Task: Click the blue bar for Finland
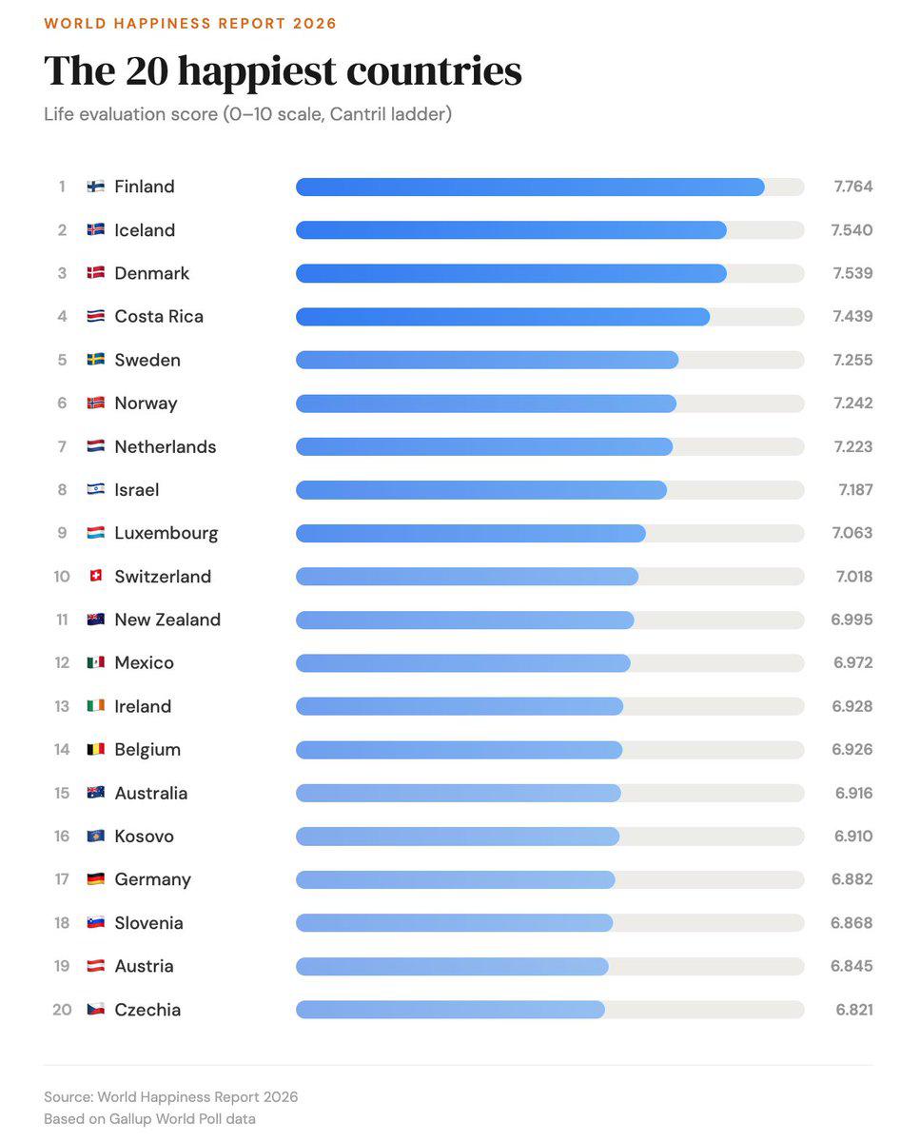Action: click(x=529, y=187)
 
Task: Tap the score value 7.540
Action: click(x=851, y=230)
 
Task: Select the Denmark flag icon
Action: click(x=96, y=273)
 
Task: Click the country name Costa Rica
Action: click(x=159, y=317)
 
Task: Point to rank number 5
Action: click(x=62, y=360)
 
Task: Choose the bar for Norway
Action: click(x=485, y=404)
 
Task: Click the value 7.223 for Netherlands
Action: click(x=852, y=446)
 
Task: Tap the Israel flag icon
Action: click(x=96, y=490)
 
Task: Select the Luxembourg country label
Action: click(x=166, y=533)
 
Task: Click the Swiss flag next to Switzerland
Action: click(x=96, y=577)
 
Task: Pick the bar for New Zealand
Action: click(x=464, y=620)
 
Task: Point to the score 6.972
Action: click(x=852, y=663)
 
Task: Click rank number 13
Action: click(x=62, y=706)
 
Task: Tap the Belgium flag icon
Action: click(x=96, y=750)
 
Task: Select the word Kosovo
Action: click(x=144, y=837)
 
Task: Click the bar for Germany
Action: click(x=455, y=879)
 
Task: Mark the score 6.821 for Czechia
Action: click(x=854, y=1010)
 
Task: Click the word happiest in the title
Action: click(x=256, y=71)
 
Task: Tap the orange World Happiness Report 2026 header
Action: click(x=190, y=23)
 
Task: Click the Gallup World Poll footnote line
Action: click(x=149, y=1119)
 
